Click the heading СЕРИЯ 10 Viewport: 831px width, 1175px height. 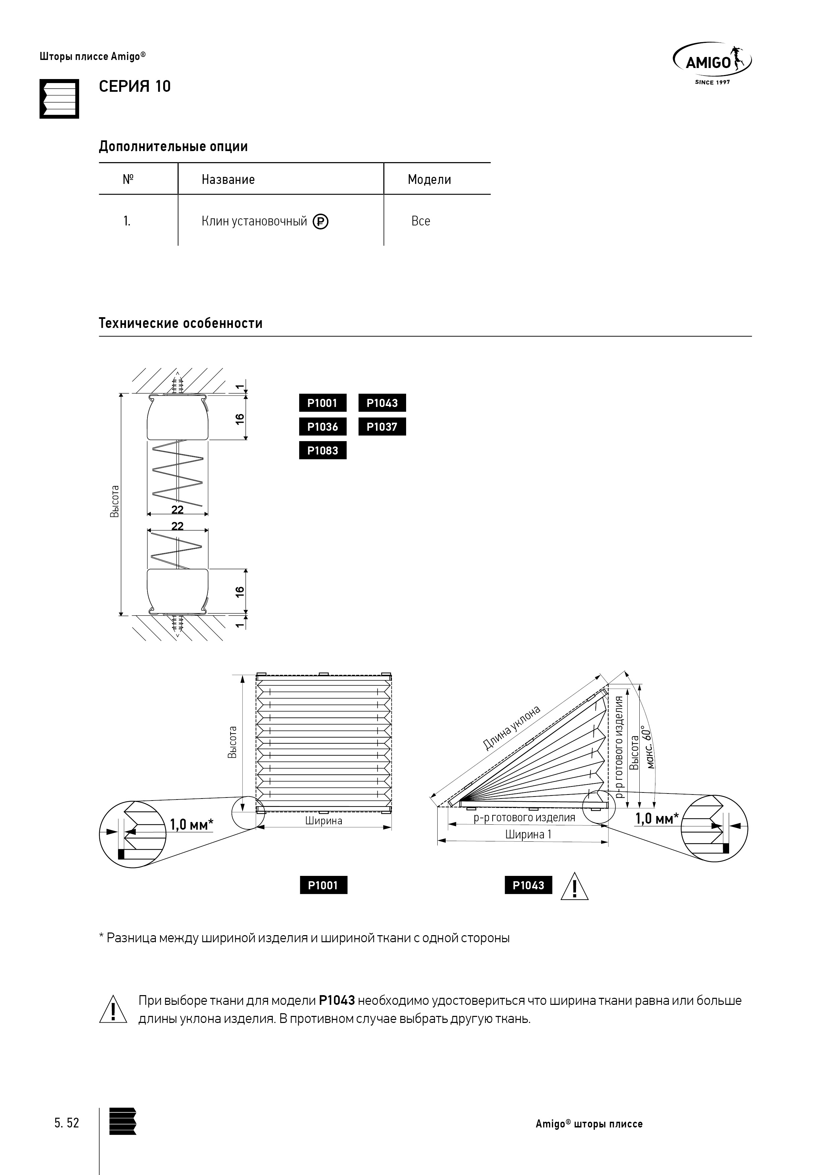[x=135, y=86]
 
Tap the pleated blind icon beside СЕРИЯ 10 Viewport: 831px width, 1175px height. [x=59, y=99]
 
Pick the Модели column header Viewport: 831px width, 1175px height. [x=429, y=180]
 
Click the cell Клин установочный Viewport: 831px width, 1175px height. [x=254, y=221]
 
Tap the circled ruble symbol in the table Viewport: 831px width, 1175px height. [x=321, y=222]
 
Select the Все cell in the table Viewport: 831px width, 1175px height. [x=421, y=221]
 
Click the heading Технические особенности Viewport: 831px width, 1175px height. [x=180, y=324]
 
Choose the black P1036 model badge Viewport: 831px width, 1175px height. [x=323, y=427]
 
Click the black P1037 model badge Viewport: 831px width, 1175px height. [x=382, y=427]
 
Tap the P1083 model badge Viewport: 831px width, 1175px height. [x=323, y=451]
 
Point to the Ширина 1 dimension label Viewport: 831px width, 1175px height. [x=528, y=834]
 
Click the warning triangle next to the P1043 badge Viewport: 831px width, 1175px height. [x=574, y=886]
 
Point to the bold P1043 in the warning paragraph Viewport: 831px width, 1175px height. [x=336, y=1000]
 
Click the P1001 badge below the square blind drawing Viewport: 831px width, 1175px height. [x=323, y=885]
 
